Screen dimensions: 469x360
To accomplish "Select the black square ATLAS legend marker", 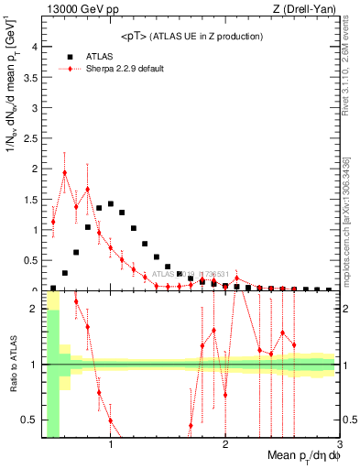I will [70, 56].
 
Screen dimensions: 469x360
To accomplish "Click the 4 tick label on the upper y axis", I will [34, 46].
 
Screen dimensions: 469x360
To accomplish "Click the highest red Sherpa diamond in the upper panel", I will [65, 172].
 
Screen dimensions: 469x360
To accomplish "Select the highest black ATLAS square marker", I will [111, 204].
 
